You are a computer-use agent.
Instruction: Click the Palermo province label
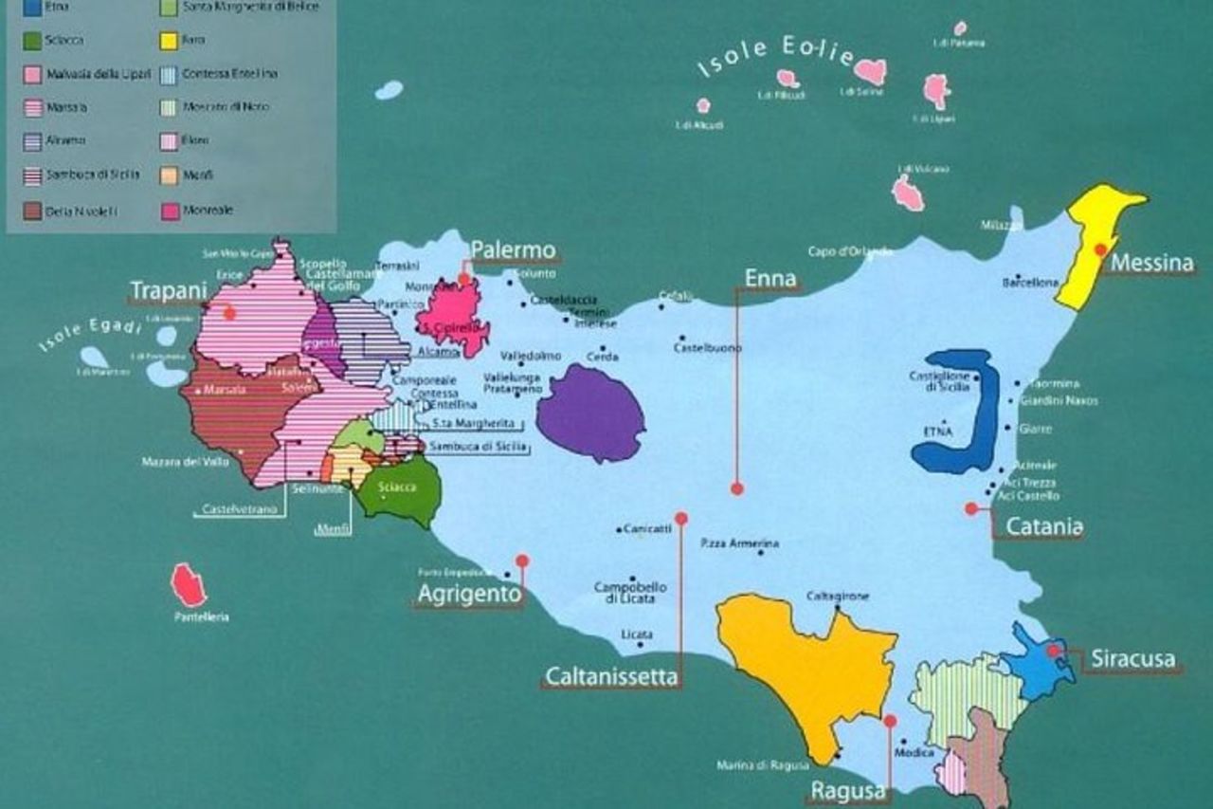point(513,250)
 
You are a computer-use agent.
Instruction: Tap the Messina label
point(1150,263)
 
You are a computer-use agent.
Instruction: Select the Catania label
point(1043,526)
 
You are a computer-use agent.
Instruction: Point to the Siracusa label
point(1132,658)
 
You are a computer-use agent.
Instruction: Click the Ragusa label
point(848,790)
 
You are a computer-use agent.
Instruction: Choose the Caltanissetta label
point(611,676)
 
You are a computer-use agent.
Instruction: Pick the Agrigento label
point(469,595)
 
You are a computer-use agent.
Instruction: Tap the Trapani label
point(168,290)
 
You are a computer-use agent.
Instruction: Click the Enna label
point(770,278)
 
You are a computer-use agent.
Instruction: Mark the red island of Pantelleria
point(188,585)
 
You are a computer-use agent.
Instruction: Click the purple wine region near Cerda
point(590,414)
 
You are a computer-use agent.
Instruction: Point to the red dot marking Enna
point(736,488)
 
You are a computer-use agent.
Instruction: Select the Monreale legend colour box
point(170,211)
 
